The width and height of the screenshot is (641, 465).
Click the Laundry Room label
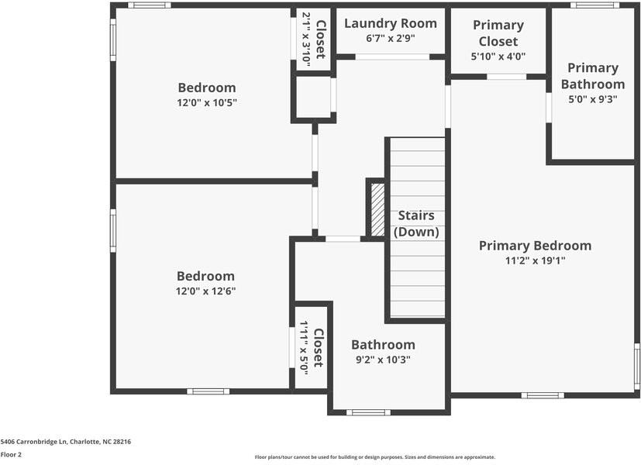(391, 24)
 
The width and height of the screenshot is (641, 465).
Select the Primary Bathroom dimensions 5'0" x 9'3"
(592, 98)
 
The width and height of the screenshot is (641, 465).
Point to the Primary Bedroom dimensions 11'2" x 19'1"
(534, 260)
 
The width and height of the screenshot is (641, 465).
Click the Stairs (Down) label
(416, 223)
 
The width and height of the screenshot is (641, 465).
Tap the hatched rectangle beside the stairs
(377, 209)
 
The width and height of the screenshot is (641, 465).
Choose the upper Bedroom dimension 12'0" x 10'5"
(206, 102)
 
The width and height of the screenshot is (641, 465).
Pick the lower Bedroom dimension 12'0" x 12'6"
(205, 291)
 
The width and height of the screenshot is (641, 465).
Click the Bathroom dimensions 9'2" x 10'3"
(383, 360)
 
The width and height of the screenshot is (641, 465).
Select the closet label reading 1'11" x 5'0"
(303, 348)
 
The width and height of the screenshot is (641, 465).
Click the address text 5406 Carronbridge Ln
(66, 442)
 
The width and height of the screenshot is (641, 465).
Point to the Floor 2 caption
(12, 454)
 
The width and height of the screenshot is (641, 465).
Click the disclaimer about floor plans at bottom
(374, 457)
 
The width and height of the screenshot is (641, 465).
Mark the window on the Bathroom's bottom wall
(368, 412)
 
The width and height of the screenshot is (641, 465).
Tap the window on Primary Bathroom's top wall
(594, 5)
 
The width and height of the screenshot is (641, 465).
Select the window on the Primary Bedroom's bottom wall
(542, 395)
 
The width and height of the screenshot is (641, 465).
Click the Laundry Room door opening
(392, 57)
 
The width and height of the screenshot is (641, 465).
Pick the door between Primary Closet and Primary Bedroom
(507, 77)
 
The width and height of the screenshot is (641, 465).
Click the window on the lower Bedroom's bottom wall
(208, 391)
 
